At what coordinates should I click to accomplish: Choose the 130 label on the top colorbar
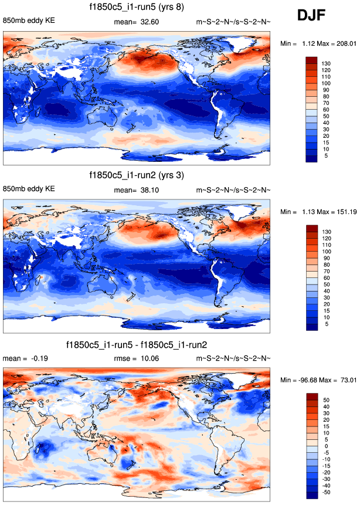tap(325, 64)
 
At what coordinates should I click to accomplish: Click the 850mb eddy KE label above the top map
tap(29, 22)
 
